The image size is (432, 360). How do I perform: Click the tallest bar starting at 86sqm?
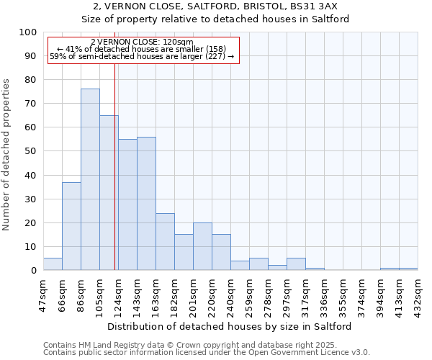(90, 179)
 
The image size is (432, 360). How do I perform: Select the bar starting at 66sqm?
(71, 226)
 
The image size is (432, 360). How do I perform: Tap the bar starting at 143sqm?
(146, 203)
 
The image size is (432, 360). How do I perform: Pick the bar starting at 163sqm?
(165, 241)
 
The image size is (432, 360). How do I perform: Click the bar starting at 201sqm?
(202, 246)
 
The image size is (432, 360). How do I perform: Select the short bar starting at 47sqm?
(53, 264)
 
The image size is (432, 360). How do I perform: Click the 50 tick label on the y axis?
(31, 151)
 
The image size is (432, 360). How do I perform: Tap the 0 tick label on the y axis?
(34, 270)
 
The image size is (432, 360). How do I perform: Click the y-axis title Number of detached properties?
(7, 154)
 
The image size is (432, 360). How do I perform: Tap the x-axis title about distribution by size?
(230, 326)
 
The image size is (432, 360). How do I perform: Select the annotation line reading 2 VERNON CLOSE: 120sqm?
(143, 42)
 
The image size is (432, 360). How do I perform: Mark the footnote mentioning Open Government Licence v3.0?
(206, 352)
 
